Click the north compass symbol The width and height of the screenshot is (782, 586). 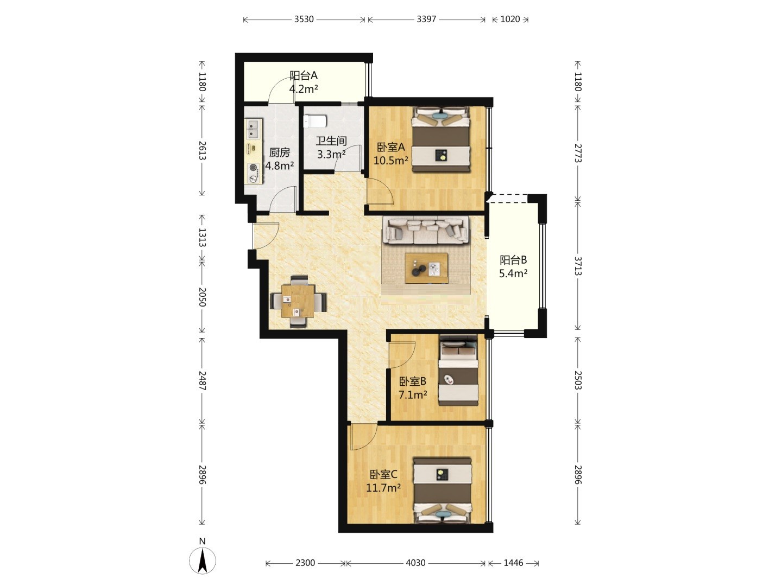[x=202, y=560]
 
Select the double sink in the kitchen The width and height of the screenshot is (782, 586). [x=253, y=129]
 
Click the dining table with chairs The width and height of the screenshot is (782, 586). [x=298, y=301]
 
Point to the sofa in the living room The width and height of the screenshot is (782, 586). [x=426, y=231]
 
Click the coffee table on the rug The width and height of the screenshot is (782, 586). [x=426, y=268]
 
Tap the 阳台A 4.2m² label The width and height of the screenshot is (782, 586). [x=304, y=82]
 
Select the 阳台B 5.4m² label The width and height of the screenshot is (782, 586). [x=513, y=266]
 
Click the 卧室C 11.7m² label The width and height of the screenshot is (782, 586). [x=383, y=481]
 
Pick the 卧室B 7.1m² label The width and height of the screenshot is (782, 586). [x=413, y=388]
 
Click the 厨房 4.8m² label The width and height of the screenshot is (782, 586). [x=279, y=159]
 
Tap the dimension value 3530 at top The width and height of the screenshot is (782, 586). [x=304, y=19]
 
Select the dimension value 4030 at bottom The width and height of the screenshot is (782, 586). [x=415, y=563]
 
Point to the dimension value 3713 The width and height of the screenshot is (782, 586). [x=577, y=266]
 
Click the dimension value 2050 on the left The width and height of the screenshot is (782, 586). [x=202, y=297]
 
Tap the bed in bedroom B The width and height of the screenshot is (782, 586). [x=458, y=370]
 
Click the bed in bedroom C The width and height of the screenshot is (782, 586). [x=443, y=491]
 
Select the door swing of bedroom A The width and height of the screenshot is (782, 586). [x=381, y=191]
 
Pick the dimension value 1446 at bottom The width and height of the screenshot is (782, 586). [x=513, y=563]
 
